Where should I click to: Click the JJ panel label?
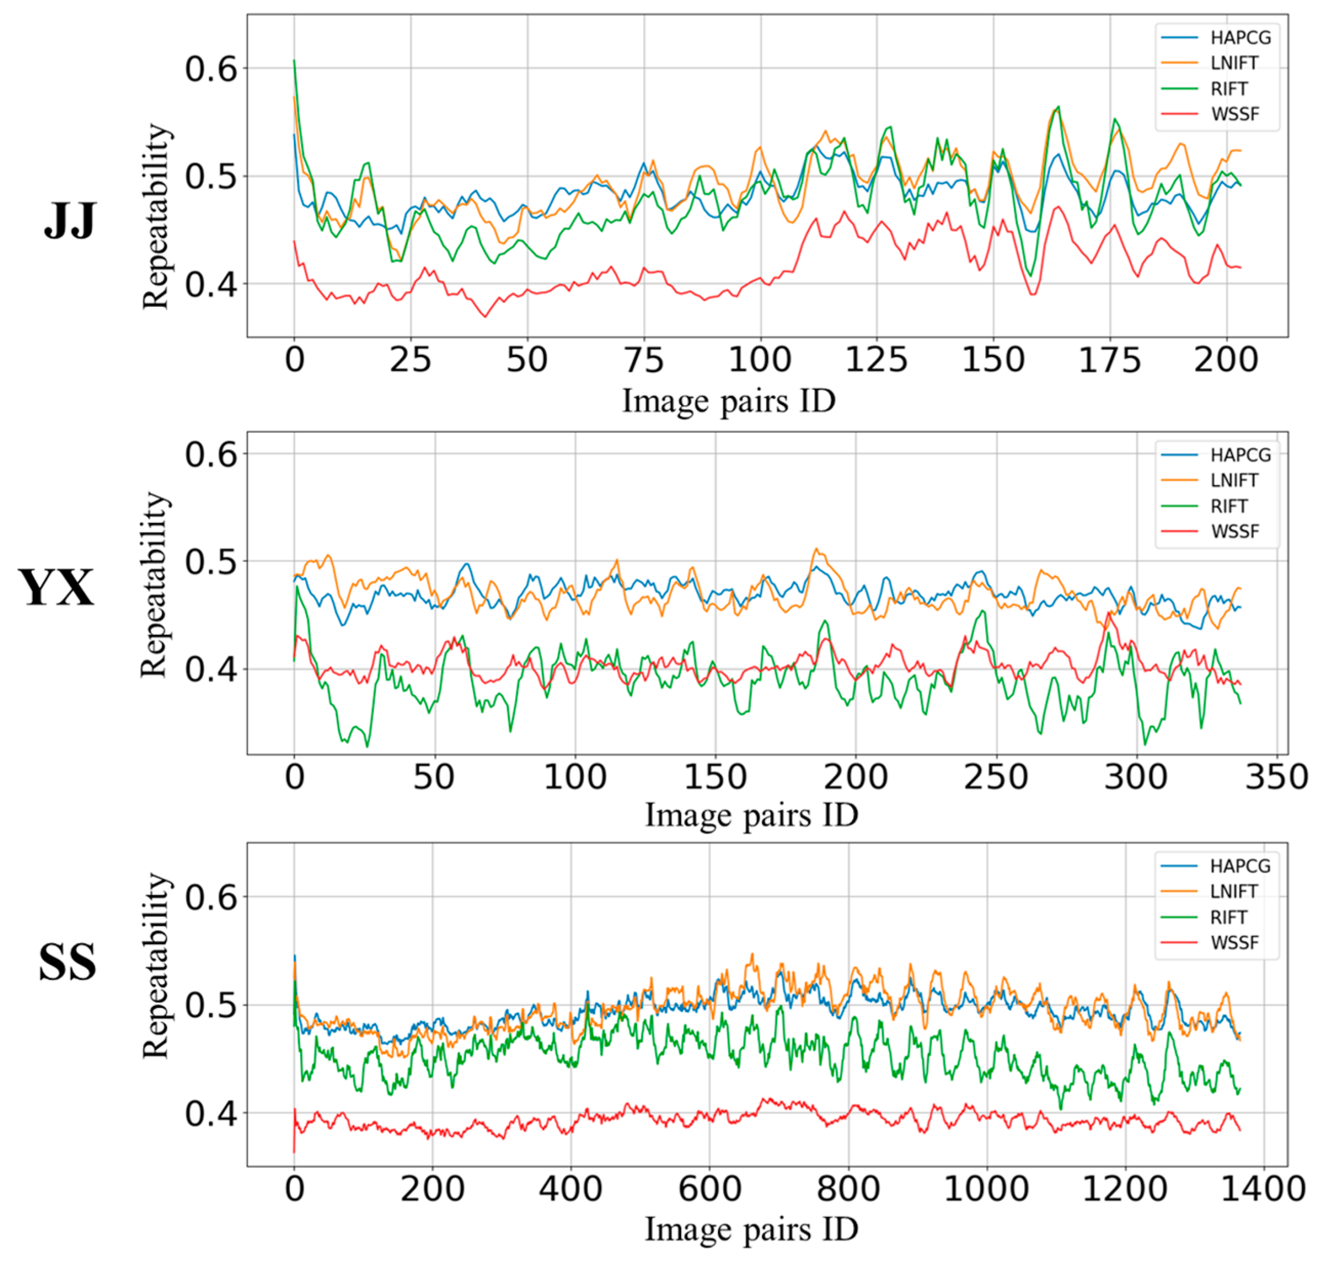click(70, 221)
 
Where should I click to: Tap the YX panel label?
click(57, 588)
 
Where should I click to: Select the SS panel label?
click(68, 962)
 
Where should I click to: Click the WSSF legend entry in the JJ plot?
click(1234, 114)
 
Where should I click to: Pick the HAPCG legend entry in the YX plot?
click(1240, 455)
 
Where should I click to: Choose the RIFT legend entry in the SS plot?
click(1228, 918)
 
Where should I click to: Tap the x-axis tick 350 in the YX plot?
click(1276, 777)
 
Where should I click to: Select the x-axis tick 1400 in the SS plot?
click(1263, 1188)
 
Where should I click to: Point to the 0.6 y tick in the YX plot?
click(211, 454)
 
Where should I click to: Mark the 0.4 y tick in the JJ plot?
click(211, 284)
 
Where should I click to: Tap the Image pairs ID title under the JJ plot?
click(729, 402)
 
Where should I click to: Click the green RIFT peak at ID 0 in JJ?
click(294, 61)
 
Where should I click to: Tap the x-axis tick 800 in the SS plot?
click(848, 1188)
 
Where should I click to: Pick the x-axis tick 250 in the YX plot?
click(995, 777)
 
